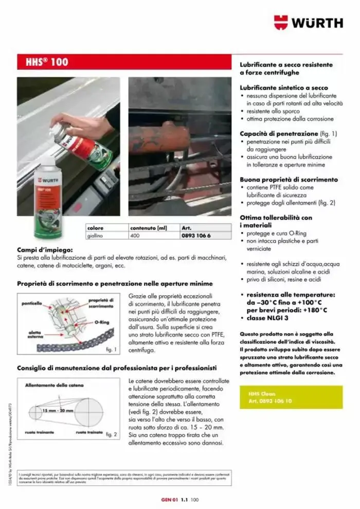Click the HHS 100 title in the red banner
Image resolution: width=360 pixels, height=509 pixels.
tap(47, 62)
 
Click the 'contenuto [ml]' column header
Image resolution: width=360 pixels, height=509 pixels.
tap(150, 227)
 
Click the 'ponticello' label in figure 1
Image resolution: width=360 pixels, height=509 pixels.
tap(32, 304)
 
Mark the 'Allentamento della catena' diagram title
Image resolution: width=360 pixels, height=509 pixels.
tap(50, 385)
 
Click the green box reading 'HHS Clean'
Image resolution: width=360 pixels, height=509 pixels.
tap(291, 396)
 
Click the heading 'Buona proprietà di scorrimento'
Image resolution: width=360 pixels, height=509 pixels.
tap(289, 180)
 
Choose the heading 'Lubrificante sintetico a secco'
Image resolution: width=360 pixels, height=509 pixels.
tap(283, 88)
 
